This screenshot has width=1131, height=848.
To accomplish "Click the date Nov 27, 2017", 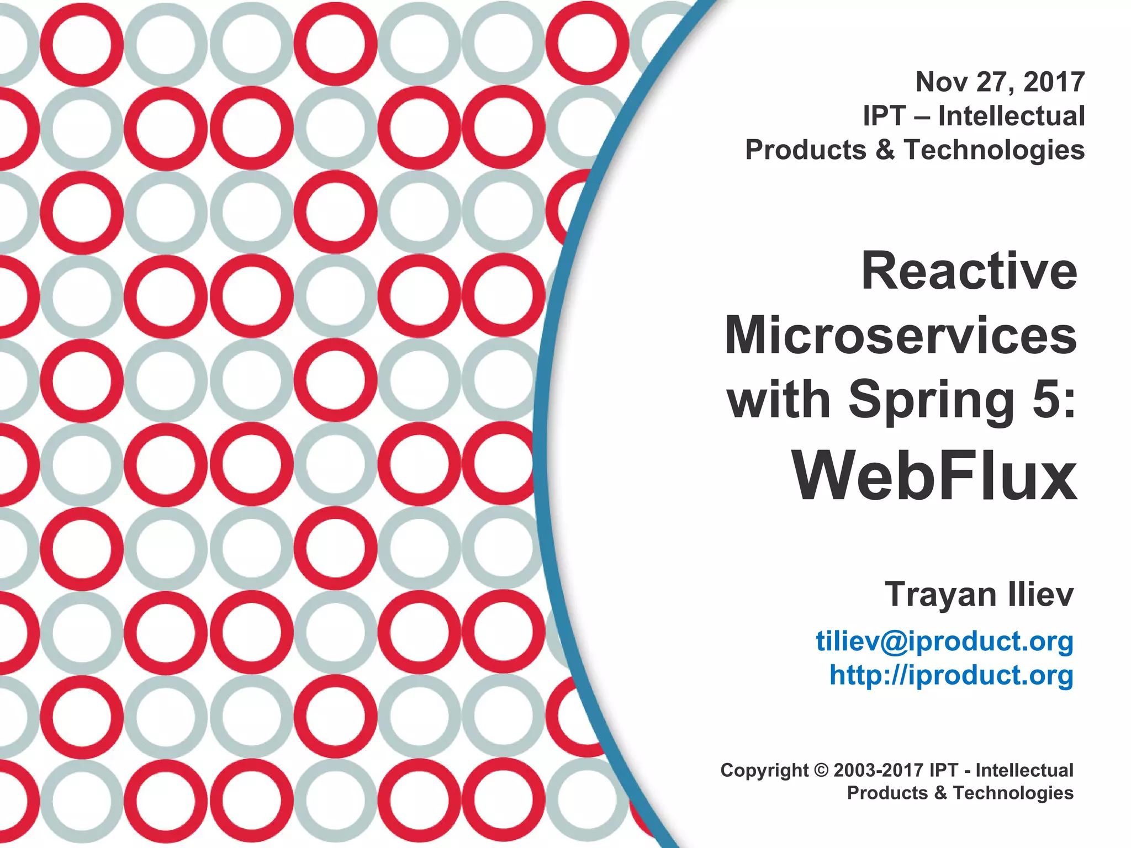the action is [1000, 82].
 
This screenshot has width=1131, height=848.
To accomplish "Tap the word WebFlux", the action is [934, 475].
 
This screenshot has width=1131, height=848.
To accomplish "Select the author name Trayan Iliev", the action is [979, 595].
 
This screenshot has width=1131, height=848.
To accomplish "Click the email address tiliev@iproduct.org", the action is [945, 641].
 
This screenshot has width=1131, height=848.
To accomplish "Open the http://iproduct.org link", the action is [952, 675].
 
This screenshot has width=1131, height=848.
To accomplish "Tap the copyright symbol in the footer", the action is [822, 770].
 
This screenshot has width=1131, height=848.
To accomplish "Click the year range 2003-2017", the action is [879, 770].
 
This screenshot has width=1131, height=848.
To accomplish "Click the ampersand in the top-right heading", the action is [885, 150].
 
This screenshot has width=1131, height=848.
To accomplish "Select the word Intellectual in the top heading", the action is [1012, 116].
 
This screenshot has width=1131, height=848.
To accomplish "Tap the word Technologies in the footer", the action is [1013, 793].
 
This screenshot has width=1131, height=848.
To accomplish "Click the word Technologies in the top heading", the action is [995, 150].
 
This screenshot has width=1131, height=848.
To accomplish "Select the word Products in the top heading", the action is [806, 150].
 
